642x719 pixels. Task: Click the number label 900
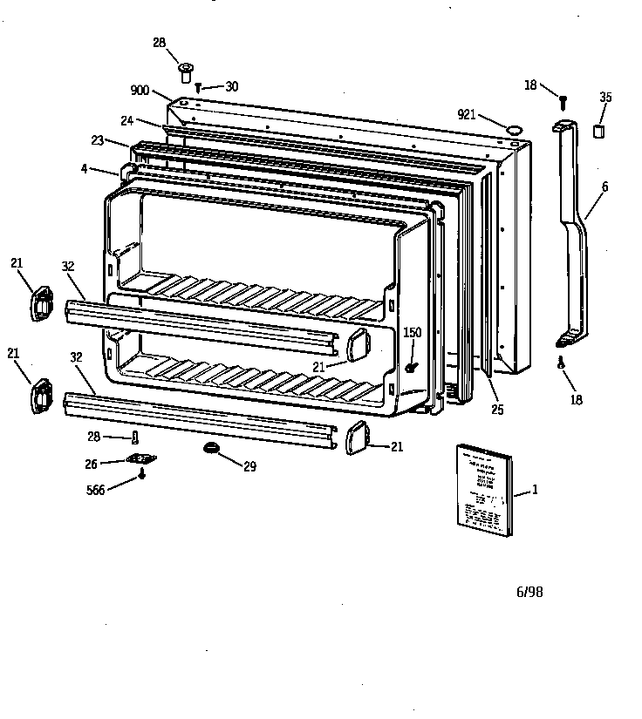140,91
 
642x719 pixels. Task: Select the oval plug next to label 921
516,129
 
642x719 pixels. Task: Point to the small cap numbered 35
599,131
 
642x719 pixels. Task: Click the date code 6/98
529,592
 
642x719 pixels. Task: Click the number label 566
95,491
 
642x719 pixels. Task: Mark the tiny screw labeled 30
200,86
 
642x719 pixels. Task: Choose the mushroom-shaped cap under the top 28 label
185,69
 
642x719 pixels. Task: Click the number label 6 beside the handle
605,187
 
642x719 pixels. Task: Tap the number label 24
126,120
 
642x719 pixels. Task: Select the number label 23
97,139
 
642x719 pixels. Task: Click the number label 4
84,168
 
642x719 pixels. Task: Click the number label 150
412,332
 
